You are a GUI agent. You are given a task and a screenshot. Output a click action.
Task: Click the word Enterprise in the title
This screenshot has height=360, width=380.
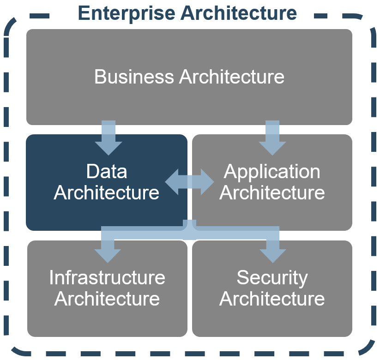click(x=127, y=13)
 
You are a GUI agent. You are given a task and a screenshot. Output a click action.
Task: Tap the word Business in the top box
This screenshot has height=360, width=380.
click(x=134, y=77)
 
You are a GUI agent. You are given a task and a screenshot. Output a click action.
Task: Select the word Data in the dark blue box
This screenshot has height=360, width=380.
click(x=107, y=171)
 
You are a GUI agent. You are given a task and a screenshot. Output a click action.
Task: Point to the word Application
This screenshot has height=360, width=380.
click(x=272, y=173)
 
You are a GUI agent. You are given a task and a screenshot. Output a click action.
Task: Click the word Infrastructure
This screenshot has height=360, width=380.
click(x=107, y=277)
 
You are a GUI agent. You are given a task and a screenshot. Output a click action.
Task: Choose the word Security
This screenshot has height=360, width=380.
click(x=272, y=279)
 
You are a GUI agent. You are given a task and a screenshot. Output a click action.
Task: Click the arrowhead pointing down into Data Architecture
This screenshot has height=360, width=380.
click(x=109, y=148)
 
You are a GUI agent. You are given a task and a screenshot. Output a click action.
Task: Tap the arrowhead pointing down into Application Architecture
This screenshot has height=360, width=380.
click(x=272, y=148)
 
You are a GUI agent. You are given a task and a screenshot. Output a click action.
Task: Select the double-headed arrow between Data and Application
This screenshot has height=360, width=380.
click(x=189, y=182)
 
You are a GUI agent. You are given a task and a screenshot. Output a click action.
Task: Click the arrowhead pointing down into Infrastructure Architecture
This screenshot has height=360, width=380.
click(x=108, y=256)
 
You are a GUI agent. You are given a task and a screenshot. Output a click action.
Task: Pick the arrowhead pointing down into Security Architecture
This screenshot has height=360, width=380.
click(x=272, y=256)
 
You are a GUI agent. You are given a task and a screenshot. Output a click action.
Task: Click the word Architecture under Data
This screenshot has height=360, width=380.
click(x=107, y=192)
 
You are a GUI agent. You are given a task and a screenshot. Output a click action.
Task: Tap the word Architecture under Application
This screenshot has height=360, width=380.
click(x=272, y=192)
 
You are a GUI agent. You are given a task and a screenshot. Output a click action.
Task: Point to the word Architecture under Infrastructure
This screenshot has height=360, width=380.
click(x=107, y=299)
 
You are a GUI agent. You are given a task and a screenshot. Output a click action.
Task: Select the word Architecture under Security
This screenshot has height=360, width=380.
click(x=272, y=299)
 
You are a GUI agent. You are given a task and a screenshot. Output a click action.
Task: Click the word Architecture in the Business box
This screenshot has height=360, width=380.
click(x=232, y=77)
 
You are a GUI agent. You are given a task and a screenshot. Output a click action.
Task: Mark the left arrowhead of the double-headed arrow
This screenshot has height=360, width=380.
click(x=172, y=182)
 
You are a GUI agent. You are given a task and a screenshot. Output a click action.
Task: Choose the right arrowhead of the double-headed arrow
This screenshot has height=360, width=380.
click(x=207, y=182)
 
